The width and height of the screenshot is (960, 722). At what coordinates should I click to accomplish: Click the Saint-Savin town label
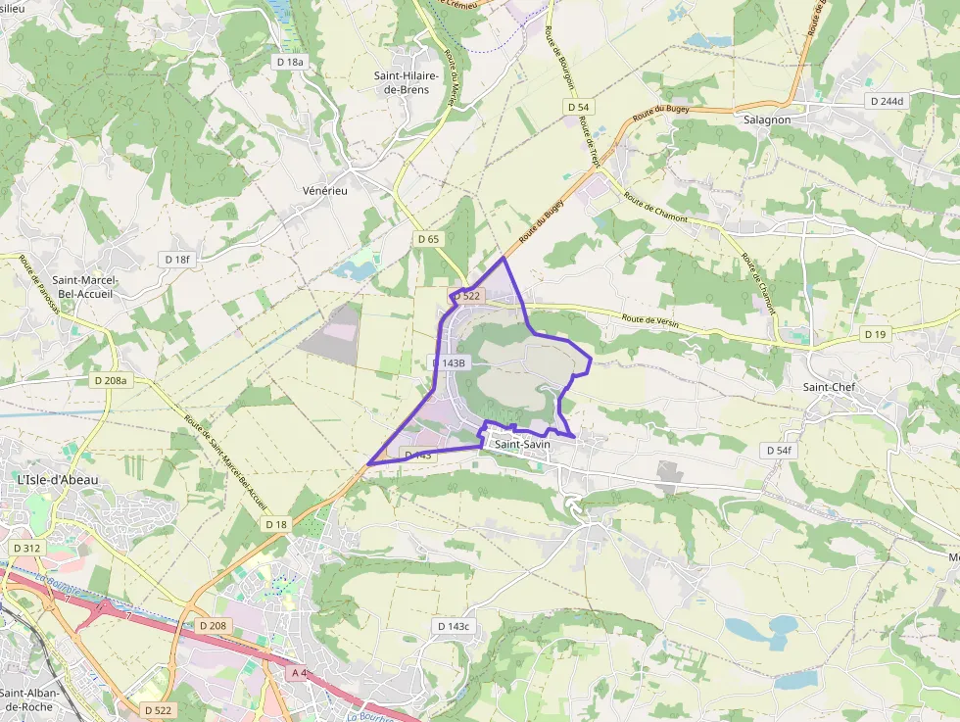click(523, 445)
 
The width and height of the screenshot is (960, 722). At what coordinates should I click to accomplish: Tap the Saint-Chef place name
click(828, 387)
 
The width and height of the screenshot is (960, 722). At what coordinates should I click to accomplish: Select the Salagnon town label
click(767, 119)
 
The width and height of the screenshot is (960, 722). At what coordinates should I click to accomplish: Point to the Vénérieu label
click(325, 190)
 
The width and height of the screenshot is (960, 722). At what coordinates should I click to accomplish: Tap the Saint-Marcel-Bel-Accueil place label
click(87, 286)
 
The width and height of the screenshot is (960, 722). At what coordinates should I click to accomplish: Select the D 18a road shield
click(289, 62)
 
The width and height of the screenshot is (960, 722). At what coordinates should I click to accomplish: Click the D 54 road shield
click(578, 106)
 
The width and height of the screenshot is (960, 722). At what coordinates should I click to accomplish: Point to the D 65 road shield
click(428, 238)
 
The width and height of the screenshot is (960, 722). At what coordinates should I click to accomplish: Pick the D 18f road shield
click(178, 259)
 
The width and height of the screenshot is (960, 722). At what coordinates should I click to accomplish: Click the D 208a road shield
click(112, 379)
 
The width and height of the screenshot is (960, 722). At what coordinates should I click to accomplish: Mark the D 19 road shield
click(875, 334)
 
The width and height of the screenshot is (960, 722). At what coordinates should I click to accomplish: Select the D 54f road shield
click(778, 450)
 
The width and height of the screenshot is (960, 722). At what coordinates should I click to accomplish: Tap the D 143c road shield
click(454, 626)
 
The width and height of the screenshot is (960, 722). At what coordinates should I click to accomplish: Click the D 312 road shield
click(26, 548)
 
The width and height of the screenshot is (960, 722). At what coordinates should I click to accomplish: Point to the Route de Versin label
click(650, 321)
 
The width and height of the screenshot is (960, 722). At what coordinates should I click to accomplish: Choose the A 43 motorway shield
click(300, 674)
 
